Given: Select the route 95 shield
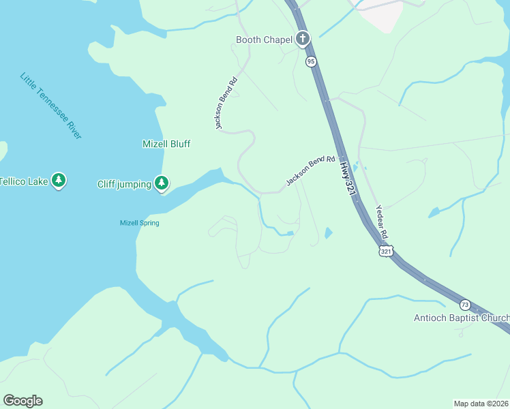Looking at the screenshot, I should [311, 62].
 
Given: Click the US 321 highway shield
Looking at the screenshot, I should [387, 252].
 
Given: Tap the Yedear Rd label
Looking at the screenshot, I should [382, 222].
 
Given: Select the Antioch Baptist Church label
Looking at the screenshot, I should [462, 318].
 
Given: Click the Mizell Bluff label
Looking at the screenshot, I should [166, 144].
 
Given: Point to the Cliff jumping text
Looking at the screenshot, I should [124, 183].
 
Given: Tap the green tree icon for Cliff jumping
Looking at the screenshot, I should [162, 182].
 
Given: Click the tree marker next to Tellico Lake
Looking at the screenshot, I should [59, 181].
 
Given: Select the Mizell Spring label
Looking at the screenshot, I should [140, 223].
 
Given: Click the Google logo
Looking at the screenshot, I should [22, 401].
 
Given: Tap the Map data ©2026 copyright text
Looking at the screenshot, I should [481, 403].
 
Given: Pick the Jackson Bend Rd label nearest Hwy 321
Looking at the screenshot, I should [311, 170].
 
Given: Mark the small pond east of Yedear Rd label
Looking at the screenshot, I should [434, 213].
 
